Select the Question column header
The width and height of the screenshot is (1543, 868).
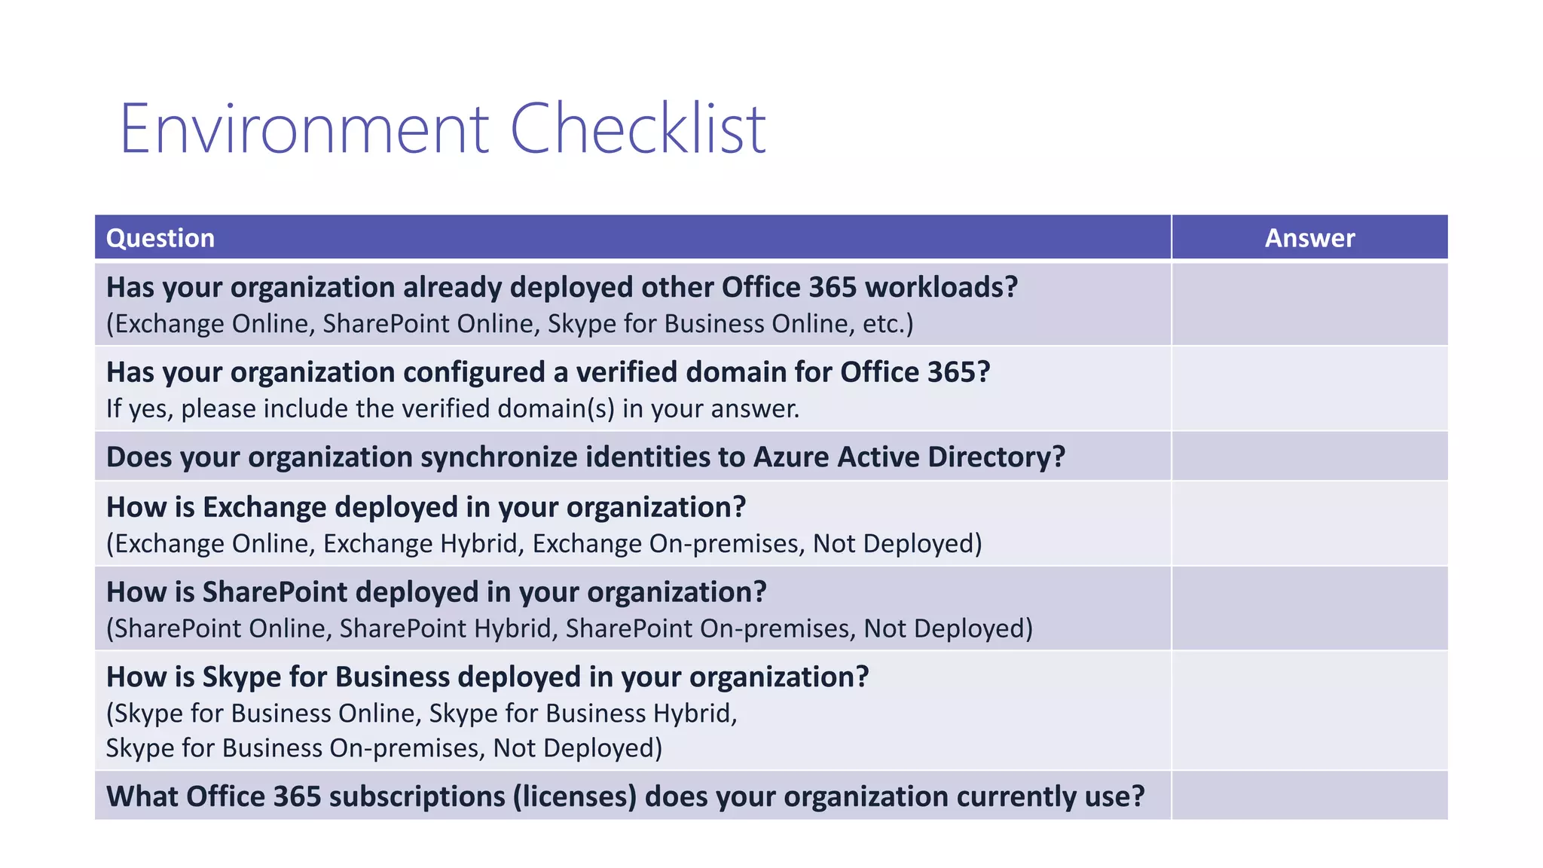[x=160, y=238]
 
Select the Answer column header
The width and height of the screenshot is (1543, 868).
[x=1309, y=238]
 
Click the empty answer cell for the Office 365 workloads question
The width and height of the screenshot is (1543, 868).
[x=1309, y=304]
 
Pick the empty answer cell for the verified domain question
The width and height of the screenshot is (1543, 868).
[x=1309, y=389]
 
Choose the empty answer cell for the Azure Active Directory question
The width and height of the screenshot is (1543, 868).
[x=1309, y=457]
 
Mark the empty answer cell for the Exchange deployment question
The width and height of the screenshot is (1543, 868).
[x=1309, y=524]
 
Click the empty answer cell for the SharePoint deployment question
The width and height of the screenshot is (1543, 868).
[x=1309, y=609]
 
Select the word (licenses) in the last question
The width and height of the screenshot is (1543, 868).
[x=575, y=796]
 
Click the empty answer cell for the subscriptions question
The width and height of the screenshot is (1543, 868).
[x=1309, y=796]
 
